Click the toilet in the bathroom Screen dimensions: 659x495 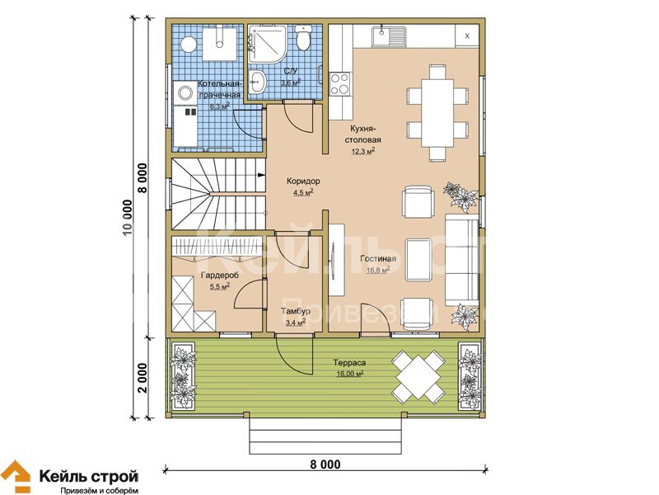click(302, 37)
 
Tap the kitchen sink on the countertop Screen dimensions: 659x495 click(389, 36)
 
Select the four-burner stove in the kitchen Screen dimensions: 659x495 click(339, 84)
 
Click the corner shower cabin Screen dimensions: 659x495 click(267, 45)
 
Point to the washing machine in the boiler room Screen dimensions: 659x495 click(185, 92)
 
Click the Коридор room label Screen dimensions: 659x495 click(303, 181)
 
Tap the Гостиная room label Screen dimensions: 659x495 click(378, 259)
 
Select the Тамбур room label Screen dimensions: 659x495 click(296, 311)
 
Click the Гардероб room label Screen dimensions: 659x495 click(220, 276)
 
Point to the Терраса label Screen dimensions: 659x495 click(349, 362)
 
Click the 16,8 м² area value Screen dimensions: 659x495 click(378, 270)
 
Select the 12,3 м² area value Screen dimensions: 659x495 click(363, 151)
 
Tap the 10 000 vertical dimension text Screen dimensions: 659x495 click(128, 218)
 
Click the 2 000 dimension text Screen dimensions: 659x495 click(143, 378)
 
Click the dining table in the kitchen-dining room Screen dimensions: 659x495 click(437, 113)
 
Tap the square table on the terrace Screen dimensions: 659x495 click(418, 377)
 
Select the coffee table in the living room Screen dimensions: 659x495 click(418, 260)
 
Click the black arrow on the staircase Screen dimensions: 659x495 click(261, 174)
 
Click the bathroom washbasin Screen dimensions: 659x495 click(257, 81)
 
